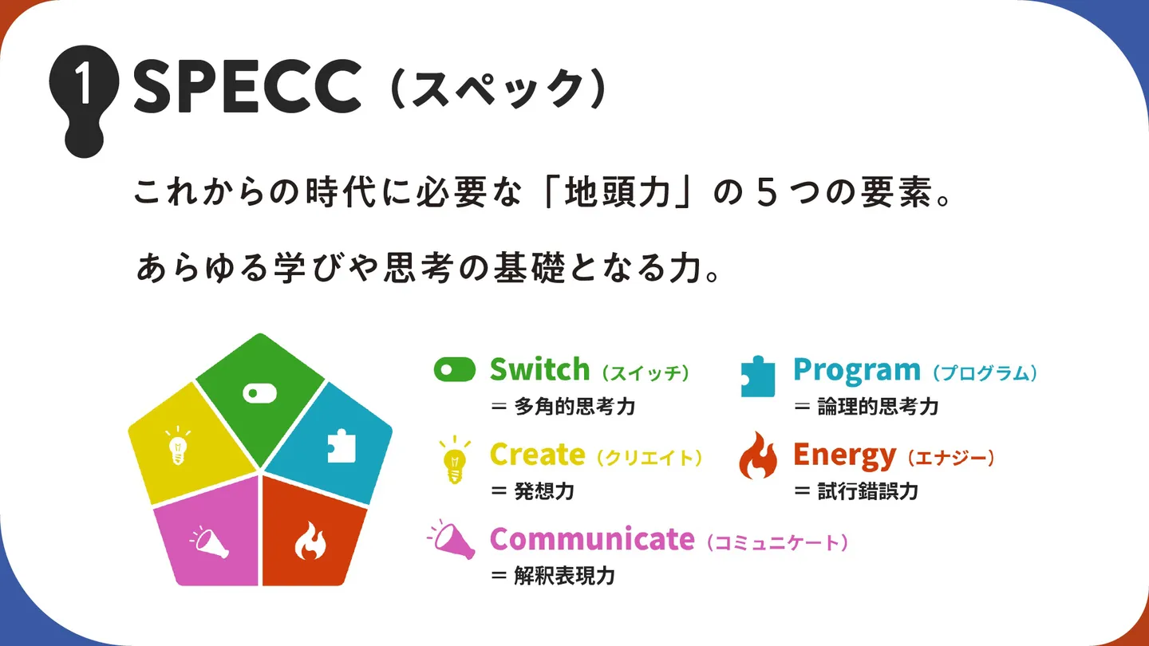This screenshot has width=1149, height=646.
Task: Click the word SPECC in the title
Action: click(247, 85)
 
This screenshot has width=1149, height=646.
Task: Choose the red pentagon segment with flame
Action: click(313, 534)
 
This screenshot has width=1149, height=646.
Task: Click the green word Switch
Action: click(539, 369)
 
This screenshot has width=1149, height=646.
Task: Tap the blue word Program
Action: click(857, 371)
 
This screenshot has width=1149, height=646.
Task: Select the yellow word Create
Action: click(537, 455)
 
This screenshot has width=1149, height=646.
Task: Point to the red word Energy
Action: click(844, 456)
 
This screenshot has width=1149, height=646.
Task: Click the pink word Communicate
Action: click(592, 539)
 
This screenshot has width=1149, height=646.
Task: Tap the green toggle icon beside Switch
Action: click(455, 370)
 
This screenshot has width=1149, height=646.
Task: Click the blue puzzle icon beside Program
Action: click(758, 376)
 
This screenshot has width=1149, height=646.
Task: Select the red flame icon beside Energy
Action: click(758, 456)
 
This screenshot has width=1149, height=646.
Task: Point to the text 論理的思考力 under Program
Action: click(879, 407)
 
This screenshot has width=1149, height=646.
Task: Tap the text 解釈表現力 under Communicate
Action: click(565, 576)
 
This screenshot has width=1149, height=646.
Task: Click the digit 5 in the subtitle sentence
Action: click(766, 192)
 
